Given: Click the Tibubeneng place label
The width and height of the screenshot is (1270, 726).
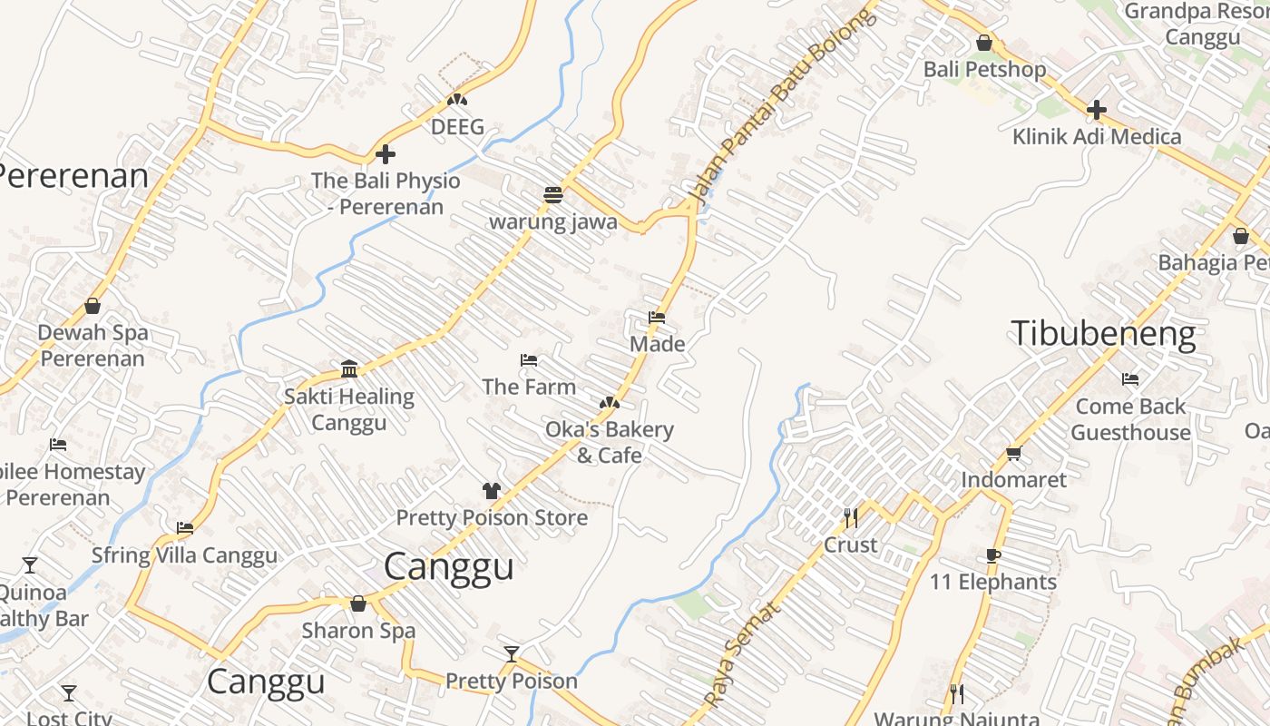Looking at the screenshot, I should tap(1103, 334).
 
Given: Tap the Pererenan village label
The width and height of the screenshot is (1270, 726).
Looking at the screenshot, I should tap(73, 176).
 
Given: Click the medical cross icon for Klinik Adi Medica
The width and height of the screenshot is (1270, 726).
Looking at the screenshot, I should tap(1096, 111).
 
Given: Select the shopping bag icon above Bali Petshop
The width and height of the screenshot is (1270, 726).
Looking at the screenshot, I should tap(983, 43).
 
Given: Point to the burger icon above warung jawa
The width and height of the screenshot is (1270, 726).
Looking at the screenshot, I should tap(552, 194).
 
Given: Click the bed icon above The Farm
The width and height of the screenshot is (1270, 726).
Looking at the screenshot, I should tap(529, 360).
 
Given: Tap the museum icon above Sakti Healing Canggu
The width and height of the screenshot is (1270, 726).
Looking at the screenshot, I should tap(349, 368).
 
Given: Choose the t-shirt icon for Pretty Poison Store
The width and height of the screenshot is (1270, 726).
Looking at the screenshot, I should tap(491, 491).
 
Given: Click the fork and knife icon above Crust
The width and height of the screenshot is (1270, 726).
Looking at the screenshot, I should tap(851, 518).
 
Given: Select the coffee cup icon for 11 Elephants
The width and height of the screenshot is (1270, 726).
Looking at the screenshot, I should tap(992, 555).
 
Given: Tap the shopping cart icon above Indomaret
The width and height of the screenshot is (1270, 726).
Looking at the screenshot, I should tap(1013, 453).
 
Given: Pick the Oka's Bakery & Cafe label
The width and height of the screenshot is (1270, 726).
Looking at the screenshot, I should tap(610, 442).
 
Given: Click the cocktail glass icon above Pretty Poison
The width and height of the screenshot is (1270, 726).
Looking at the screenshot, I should tap(512, 654).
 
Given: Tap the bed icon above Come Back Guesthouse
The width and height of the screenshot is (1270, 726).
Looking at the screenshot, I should tap(1129, 379).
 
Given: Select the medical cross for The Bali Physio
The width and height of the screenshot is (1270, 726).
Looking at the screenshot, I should tap(386, 154).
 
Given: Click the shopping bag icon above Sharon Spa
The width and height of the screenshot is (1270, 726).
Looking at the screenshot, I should tap(358, 603).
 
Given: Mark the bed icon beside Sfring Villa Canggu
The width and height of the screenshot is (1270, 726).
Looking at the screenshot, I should tap(185, 527).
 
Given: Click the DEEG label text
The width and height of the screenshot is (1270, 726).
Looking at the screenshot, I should tap(457, 127).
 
